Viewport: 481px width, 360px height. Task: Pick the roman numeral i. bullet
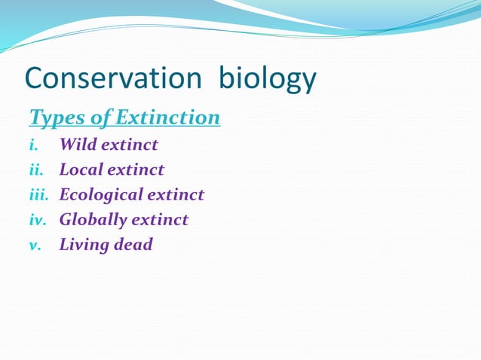point(33,145)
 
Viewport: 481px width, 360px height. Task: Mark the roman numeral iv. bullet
point(37,220)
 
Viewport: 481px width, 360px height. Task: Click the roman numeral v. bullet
point(35,245)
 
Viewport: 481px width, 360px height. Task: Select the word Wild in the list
point(79,145)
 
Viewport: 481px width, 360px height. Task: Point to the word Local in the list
point(81,169)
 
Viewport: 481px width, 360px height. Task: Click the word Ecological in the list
point(101,195)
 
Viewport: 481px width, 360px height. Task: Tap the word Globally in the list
point(93,220)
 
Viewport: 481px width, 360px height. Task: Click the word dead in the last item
point(135,245)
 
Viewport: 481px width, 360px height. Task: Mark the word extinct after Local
point(136,169)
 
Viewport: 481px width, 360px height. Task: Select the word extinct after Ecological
point(176,195)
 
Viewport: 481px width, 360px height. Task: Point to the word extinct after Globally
point(161,220)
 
